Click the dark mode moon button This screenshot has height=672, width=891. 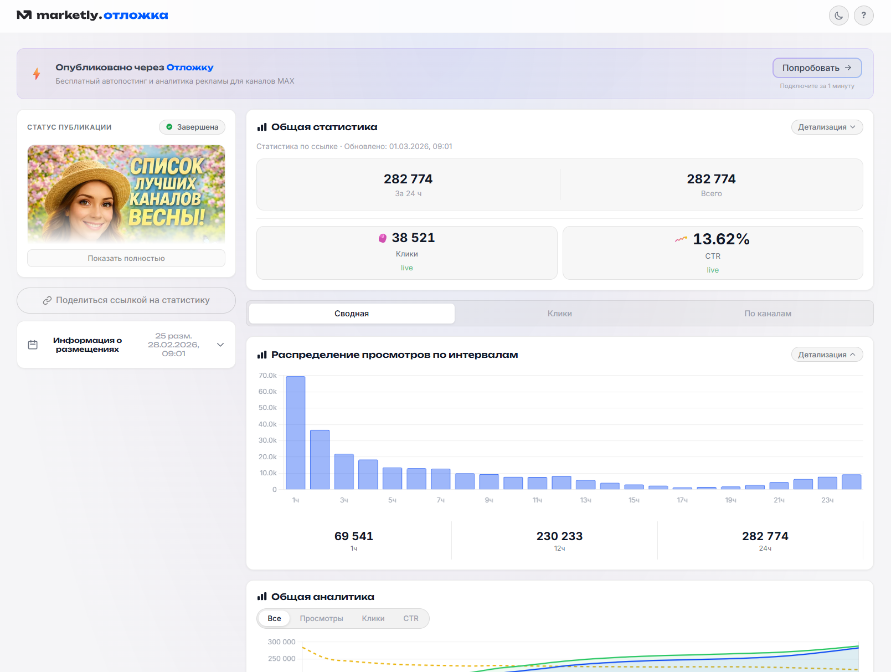tap(838, 16)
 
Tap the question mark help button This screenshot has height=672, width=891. tap(863, 16)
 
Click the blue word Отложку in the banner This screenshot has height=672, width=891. tap(189, 68)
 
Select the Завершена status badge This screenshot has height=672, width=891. tap(192, 127)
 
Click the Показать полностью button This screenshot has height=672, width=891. tap(126, 258)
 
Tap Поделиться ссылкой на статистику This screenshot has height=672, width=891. tap(126, 300)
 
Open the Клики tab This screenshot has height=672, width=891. tap(559, 314)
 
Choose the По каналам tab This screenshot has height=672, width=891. tap(768, 314)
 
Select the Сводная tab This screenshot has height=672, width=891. tap(352, 314)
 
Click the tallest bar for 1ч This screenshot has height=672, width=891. tap(296, 433)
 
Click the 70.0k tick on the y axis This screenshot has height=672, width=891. tap(267, 376)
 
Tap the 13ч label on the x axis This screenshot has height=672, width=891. tap(585, 500)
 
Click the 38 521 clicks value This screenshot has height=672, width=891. tap(413, 238)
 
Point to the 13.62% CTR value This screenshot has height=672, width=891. tap(721, 239)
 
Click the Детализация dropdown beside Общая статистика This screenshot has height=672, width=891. tap(827, 127)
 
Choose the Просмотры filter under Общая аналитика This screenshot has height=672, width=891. tap(321, 618)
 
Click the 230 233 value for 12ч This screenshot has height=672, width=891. tap(559, 536)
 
